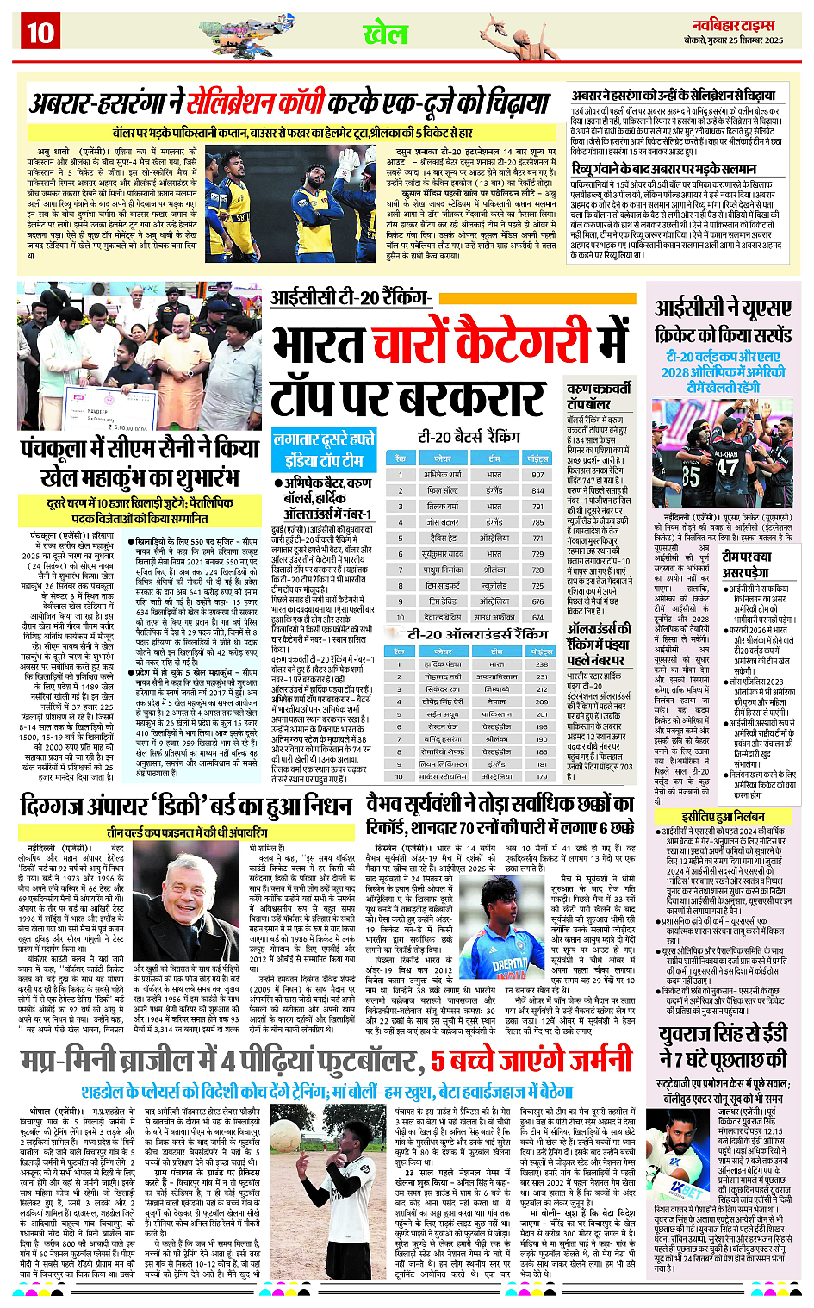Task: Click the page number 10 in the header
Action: pos(40,33)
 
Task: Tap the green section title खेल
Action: pos(384,34)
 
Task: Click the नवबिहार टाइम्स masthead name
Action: pos(733,25)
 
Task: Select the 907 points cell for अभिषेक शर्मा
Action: pos(537,475)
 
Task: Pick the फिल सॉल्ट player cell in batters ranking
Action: pos(443,490)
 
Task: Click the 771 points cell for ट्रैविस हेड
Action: pos(537,538)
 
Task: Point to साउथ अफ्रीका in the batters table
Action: pos(494,617)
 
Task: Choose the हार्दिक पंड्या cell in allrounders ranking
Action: pos(443,664)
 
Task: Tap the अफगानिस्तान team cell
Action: pos(496,677)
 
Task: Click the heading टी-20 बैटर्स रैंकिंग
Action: pos(469,436)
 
